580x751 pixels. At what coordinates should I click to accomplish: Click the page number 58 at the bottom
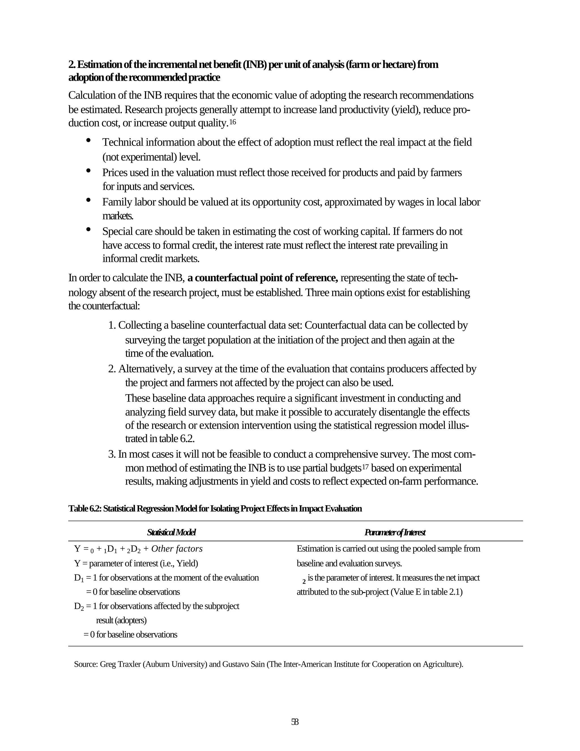coord(295,722)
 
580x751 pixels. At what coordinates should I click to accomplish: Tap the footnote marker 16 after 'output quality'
coord(233,122)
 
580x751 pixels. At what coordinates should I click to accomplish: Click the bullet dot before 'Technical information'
coord(89,140)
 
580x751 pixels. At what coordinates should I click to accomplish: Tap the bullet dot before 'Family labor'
coord(89,200)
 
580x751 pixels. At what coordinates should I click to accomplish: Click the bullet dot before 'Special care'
coord(89,229)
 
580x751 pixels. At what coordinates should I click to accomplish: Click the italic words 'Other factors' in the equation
coord(177,549)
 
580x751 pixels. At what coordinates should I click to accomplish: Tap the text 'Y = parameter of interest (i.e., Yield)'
coord(136,564)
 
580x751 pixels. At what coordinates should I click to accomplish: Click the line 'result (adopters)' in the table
coord(121,620)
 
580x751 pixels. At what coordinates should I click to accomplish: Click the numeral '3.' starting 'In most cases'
coord(112,455)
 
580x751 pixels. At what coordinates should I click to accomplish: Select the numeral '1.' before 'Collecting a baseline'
coord(112,325)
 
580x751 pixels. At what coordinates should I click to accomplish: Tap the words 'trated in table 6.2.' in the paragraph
coord(160,439)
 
